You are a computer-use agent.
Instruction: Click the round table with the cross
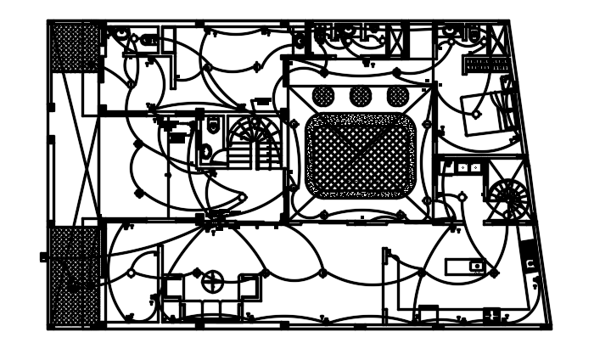[x=212, y=281]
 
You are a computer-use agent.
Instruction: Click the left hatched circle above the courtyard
[x=323, y=96]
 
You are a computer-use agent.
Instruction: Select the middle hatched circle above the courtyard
[x=361, y=96]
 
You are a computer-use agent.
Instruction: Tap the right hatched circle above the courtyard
[x=397, y=96]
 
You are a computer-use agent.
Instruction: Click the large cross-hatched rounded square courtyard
[x=362, y=156]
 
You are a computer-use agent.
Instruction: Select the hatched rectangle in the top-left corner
[x=76, y=48]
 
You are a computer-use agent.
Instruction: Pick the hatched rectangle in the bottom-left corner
[x=75, y=276]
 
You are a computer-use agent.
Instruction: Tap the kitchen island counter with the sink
[x=466, y=267]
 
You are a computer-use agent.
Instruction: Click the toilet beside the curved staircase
[x=207, y=153]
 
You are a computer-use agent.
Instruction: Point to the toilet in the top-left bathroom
[x=149, y=41]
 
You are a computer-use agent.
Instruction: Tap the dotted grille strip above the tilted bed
[x=486, y=65]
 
